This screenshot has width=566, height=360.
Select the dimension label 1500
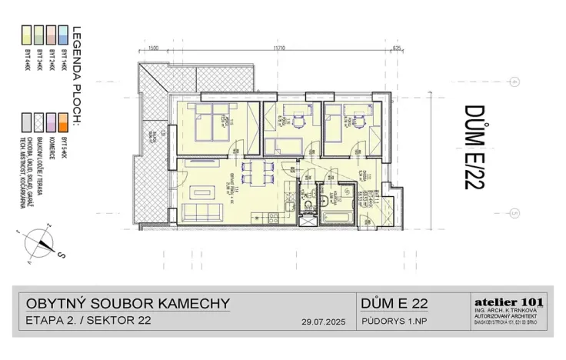point(153,48)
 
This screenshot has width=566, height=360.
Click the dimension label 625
point(397,48)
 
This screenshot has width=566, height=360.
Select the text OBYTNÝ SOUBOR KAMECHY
point(128,303)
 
